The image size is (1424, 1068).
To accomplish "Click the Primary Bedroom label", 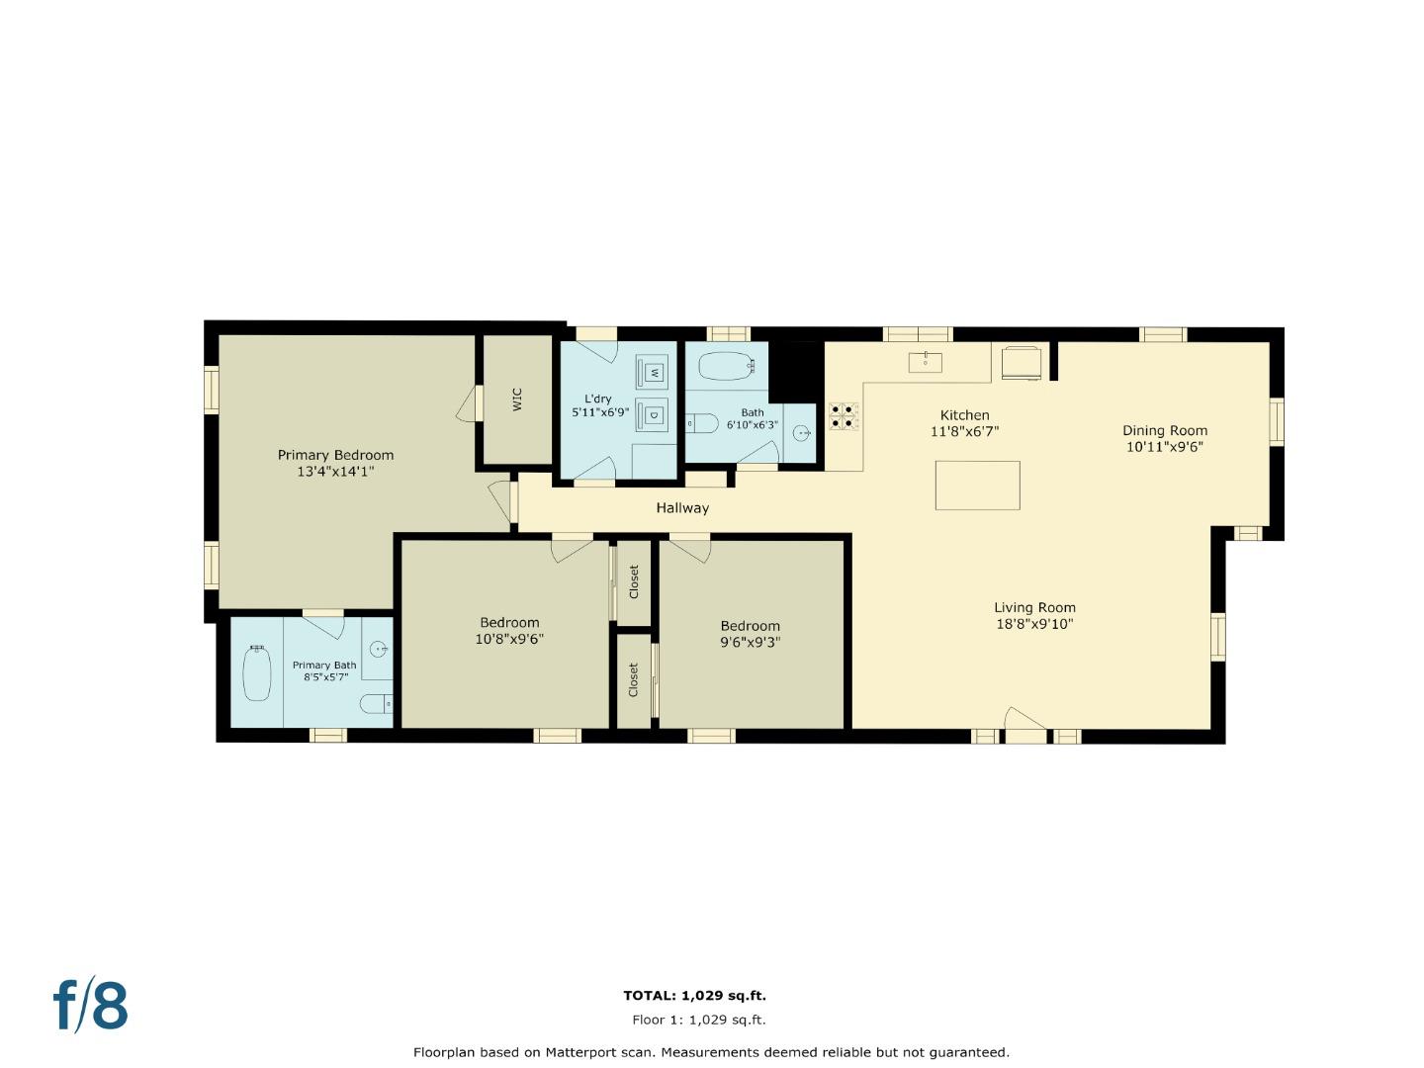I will (335, 455).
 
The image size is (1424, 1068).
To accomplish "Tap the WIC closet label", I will (516, 399).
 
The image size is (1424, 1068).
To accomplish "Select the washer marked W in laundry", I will (654, 372).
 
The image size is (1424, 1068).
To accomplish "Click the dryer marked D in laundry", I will (654, 414).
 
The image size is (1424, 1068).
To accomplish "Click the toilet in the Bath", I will (702, 423).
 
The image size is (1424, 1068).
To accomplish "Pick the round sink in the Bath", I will (802, 433).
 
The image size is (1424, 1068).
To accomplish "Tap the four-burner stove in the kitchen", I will (843, 415).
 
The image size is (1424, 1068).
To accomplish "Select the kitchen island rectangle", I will (977, 485).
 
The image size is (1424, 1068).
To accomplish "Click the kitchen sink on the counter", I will (925, 362).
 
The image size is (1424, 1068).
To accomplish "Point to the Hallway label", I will (682, 507).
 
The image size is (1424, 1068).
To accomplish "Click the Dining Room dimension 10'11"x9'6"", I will (1164, 447).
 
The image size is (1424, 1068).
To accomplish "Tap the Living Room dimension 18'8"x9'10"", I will (1034, 624).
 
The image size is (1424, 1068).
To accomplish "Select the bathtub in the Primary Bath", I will (257, 672).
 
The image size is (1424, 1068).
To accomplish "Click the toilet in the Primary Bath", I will (376, 703).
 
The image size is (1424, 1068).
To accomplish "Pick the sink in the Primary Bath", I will (378, 650).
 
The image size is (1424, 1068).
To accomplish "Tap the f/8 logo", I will (91, 1006).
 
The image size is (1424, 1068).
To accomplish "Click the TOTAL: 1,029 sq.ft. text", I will (694, 996).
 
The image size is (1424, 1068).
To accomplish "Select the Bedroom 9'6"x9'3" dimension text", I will (750, 642).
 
